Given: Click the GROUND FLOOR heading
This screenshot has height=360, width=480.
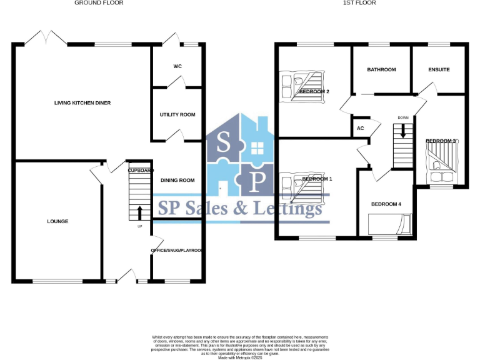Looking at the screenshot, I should click(x=99, y=3).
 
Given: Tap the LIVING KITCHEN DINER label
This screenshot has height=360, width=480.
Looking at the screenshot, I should click(x=82, y=102).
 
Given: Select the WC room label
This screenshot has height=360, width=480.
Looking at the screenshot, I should click(x=177, y=67).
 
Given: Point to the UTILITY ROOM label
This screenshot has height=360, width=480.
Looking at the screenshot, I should click(x=178, y=115).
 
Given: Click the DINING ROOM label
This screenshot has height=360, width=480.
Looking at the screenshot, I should click(x=177, y=181).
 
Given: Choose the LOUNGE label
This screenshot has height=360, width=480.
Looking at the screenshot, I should click(x=57, y=222).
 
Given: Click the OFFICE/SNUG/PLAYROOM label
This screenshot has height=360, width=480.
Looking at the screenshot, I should click(x=178, y=251).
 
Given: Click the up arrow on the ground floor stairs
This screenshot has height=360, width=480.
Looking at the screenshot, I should click(x=139, y=212).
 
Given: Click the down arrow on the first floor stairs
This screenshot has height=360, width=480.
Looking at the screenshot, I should click(x=403, y=131).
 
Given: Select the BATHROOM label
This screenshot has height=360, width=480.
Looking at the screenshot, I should click(x=381, y=70).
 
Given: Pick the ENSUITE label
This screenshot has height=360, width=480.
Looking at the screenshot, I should click(x=439, y=70).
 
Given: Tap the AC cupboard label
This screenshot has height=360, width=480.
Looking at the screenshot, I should click(x=360, y=129).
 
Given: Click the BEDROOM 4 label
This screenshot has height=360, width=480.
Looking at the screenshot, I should click(x=386, y=204).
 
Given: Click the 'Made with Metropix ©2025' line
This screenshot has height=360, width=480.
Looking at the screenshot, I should click(x=240, y=357).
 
